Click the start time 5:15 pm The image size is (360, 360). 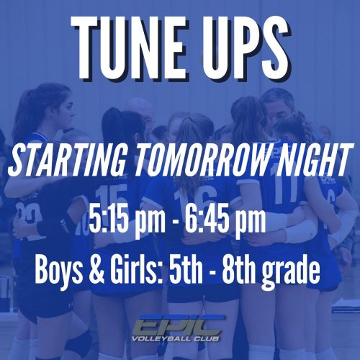click(x=127, y=220)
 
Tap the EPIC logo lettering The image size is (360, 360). click(x=179, y=325)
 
